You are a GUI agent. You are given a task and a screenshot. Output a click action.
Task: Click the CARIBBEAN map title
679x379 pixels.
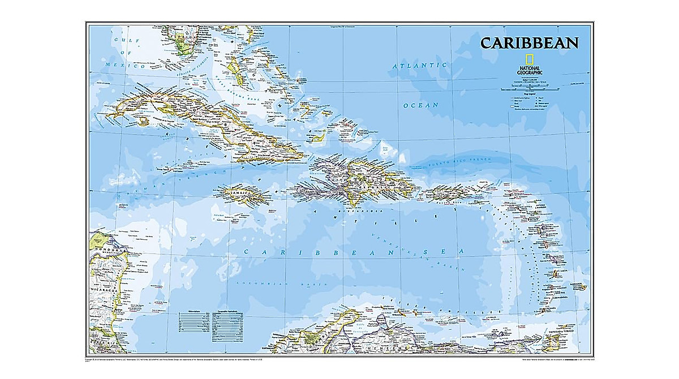(529, 43)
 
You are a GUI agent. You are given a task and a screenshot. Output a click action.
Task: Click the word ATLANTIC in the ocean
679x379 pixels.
(420, 66)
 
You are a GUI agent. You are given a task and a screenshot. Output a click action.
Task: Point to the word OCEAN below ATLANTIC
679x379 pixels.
(420, 105)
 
